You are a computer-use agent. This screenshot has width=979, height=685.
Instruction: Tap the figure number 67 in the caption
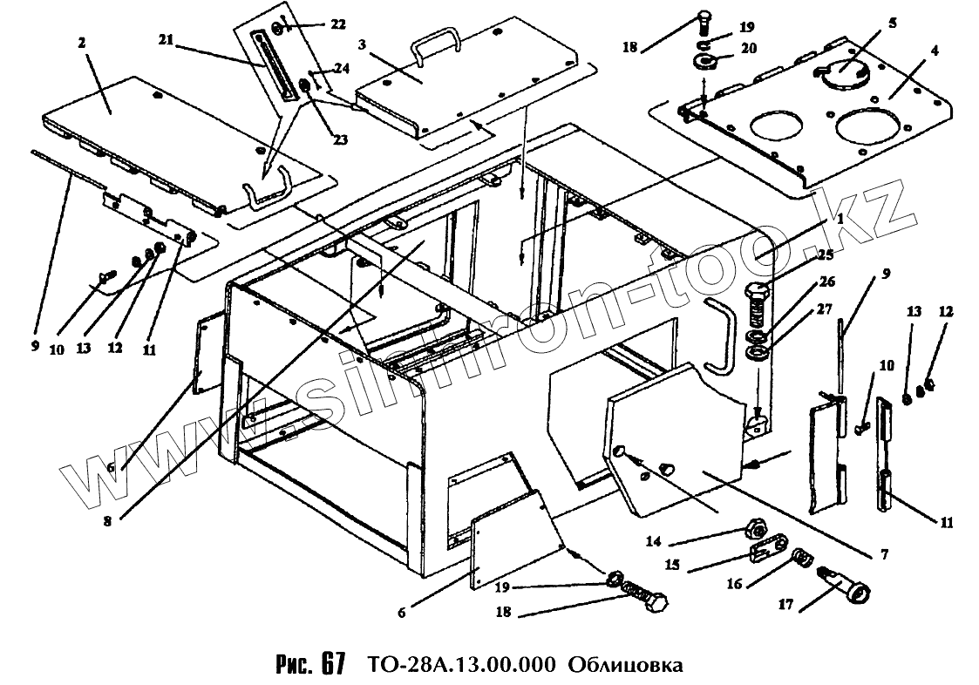[x=332, y=664]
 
